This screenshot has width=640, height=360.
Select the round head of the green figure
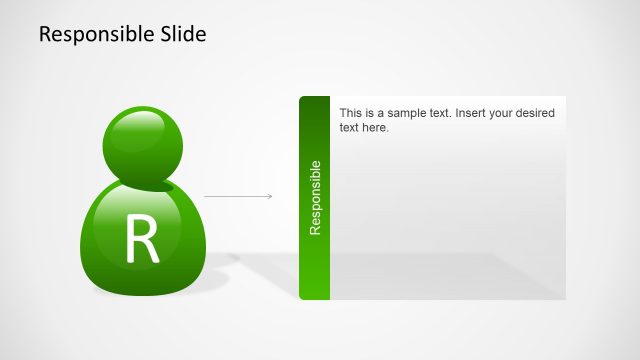(x=141, y=144)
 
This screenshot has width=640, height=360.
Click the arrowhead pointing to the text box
(x=269, y=196)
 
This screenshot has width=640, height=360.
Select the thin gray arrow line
(x=236, y=196)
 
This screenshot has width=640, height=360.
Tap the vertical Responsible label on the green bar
(x=315, y=197)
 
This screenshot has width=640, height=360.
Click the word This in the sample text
(x=352, y=114)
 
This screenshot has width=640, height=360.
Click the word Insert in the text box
(x=473, y=114)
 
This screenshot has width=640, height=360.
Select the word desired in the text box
(x=534, y=114)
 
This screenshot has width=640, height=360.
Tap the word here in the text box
(x=374, y=128)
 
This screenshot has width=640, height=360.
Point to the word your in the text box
(x=503, y=114)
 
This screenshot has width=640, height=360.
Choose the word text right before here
(x=349, y=128)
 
